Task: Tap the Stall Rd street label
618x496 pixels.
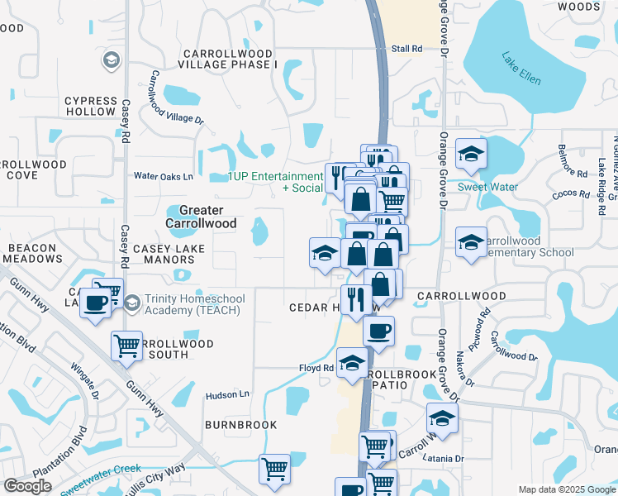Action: [x=406, y=49]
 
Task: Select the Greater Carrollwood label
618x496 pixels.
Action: [x=202, y=217]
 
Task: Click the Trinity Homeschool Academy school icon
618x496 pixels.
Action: [x=132, y=304]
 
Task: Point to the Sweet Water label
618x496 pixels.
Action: [x=487, y=187]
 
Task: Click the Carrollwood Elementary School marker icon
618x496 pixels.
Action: [x=472, y=241]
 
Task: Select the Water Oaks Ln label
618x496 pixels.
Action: [x=164, y=176]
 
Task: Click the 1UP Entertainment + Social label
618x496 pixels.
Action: [x=276, y=182]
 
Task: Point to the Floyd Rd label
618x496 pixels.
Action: [x=316, y=368]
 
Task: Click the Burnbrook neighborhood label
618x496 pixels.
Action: [x=241, y=425]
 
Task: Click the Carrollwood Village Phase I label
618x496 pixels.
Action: [x=226, y=59]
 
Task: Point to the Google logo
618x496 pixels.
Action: [x=28, y=486]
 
